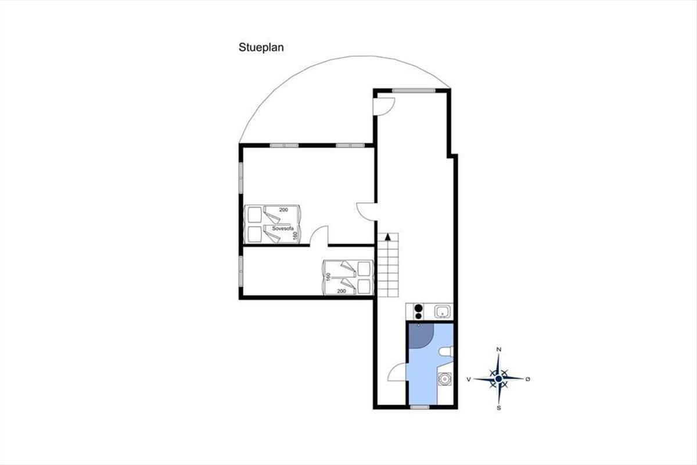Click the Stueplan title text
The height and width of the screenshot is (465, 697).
[261, 48]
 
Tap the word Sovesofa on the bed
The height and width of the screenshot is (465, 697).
[283, 228]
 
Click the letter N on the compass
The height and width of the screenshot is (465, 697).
[498, 349]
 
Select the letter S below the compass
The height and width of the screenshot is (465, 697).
[499, 408]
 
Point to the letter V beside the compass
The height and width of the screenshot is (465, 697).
[469, 379]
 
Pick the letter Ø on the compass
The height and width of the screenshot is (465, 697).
[528, 379]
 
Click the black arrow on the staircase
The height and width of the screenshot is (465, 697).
[388, 237]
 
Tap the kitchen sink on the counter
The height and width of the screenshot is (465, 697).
[442, 312]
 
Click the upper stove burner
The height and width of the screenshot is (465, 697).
[419, 308]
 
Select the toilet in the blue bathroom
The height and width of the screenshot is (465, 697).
[446, 352]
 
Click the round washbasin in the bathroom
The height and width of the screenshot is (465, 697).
[445, 379]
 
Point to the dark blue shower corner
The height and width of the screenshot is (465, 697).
[421, 335]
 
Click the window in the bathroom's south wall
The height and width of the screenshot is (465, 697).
[419, 407]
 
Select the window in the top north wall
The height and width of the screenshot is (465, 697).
[414, 91]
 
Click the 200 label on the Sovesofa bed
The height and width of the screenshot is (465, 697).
[283, 210]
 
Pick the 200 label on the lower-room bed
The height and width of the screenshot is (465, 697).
[342, 291]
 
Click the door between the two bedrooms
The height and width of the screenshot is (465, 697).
[319, 236]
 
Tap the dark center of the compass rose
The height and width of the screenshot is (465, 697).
[498, 379]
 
